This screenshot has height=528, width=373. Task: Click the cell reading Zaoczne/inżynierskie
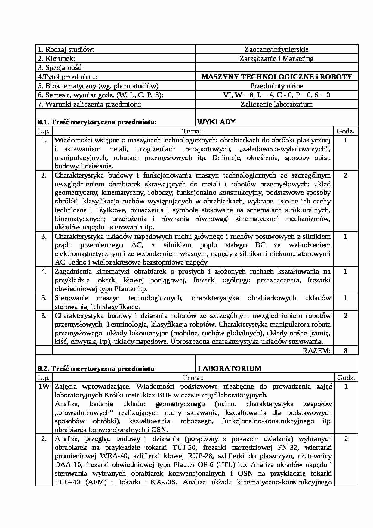tap(276, 49)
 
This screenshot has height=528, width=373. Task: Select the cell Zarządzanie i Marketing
tap(276, 58)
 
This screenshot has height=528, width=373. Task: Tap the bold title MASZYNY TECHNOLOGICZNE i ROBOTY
tap(276, 77)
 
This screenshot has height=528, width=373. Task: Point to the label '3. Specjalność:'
tap(60, 67)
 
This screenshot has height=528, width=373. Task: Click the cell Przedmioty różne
tap(276, 86)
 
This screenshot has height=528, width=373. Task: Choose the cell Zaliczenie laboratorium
tap(276, 104)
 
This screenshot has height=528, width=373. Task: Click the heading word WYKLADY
tap(216, 122)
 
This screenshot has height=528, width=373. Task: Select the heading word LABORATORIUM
tap(230, 368)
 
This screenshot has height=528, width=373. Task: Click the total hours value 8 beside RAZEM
tap(345, 351)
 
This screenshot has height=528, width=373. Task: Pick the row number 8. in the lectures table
tap(44, 316)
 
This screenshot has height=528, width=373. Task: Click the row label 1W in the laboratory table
tap(44, 387)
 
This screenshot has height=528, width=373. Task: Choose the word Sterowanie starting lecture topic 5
tap(72, 298)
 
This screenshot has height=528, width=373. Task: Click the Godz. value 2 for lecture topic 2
tap(345, 175)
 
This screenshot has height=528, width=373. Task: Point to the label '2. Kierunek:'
tap(57, 58)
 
